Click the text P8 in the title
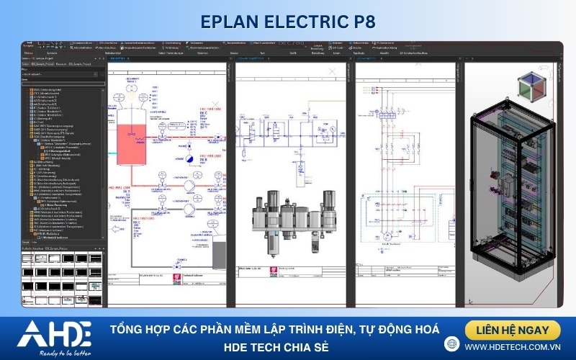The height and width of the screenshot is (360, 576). [361, 21]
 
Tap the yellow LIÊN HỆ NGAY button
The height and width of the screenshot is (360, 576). [513, 330]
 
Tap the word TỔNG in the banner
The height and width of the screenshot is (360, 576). [128, 330]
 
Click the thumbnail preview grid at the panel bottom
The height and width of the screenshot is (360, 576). [62, 277]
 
